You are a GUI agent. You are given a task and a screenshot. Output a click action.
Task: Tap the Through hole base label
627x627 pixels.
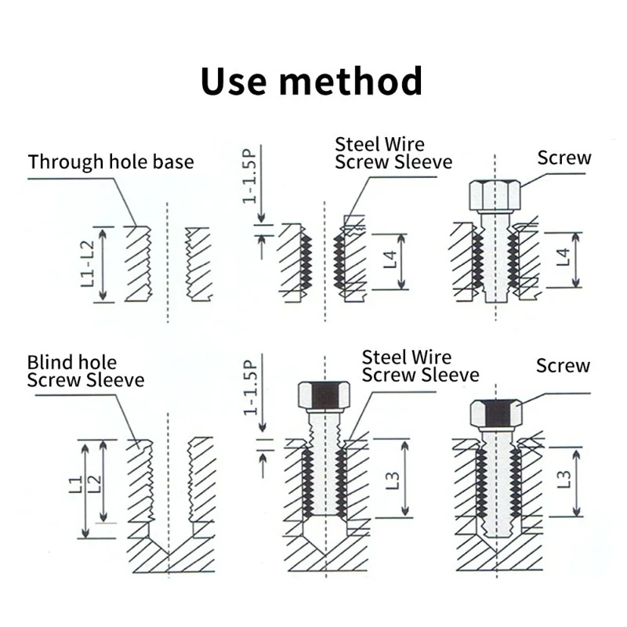tap(111, 162)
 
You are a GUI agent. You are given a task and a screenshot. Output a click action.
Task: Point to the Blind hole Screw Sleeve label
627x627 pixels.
tap(85, 371)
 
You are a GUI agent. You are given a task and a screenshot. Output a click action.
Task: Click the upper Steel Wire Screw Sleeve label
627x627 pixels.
tap(393, 153)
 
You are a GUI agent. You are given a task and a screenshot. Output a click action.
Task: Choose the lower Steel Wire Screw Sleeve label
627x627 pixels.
tap(420, 366)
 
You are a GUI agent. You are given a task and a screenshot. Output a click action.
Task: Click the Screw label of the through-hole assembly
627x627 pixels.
tap(564, 158)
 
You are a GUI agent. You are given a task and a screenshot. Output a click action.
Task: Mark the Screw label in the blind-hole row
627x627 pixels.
tap(563, 365)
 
